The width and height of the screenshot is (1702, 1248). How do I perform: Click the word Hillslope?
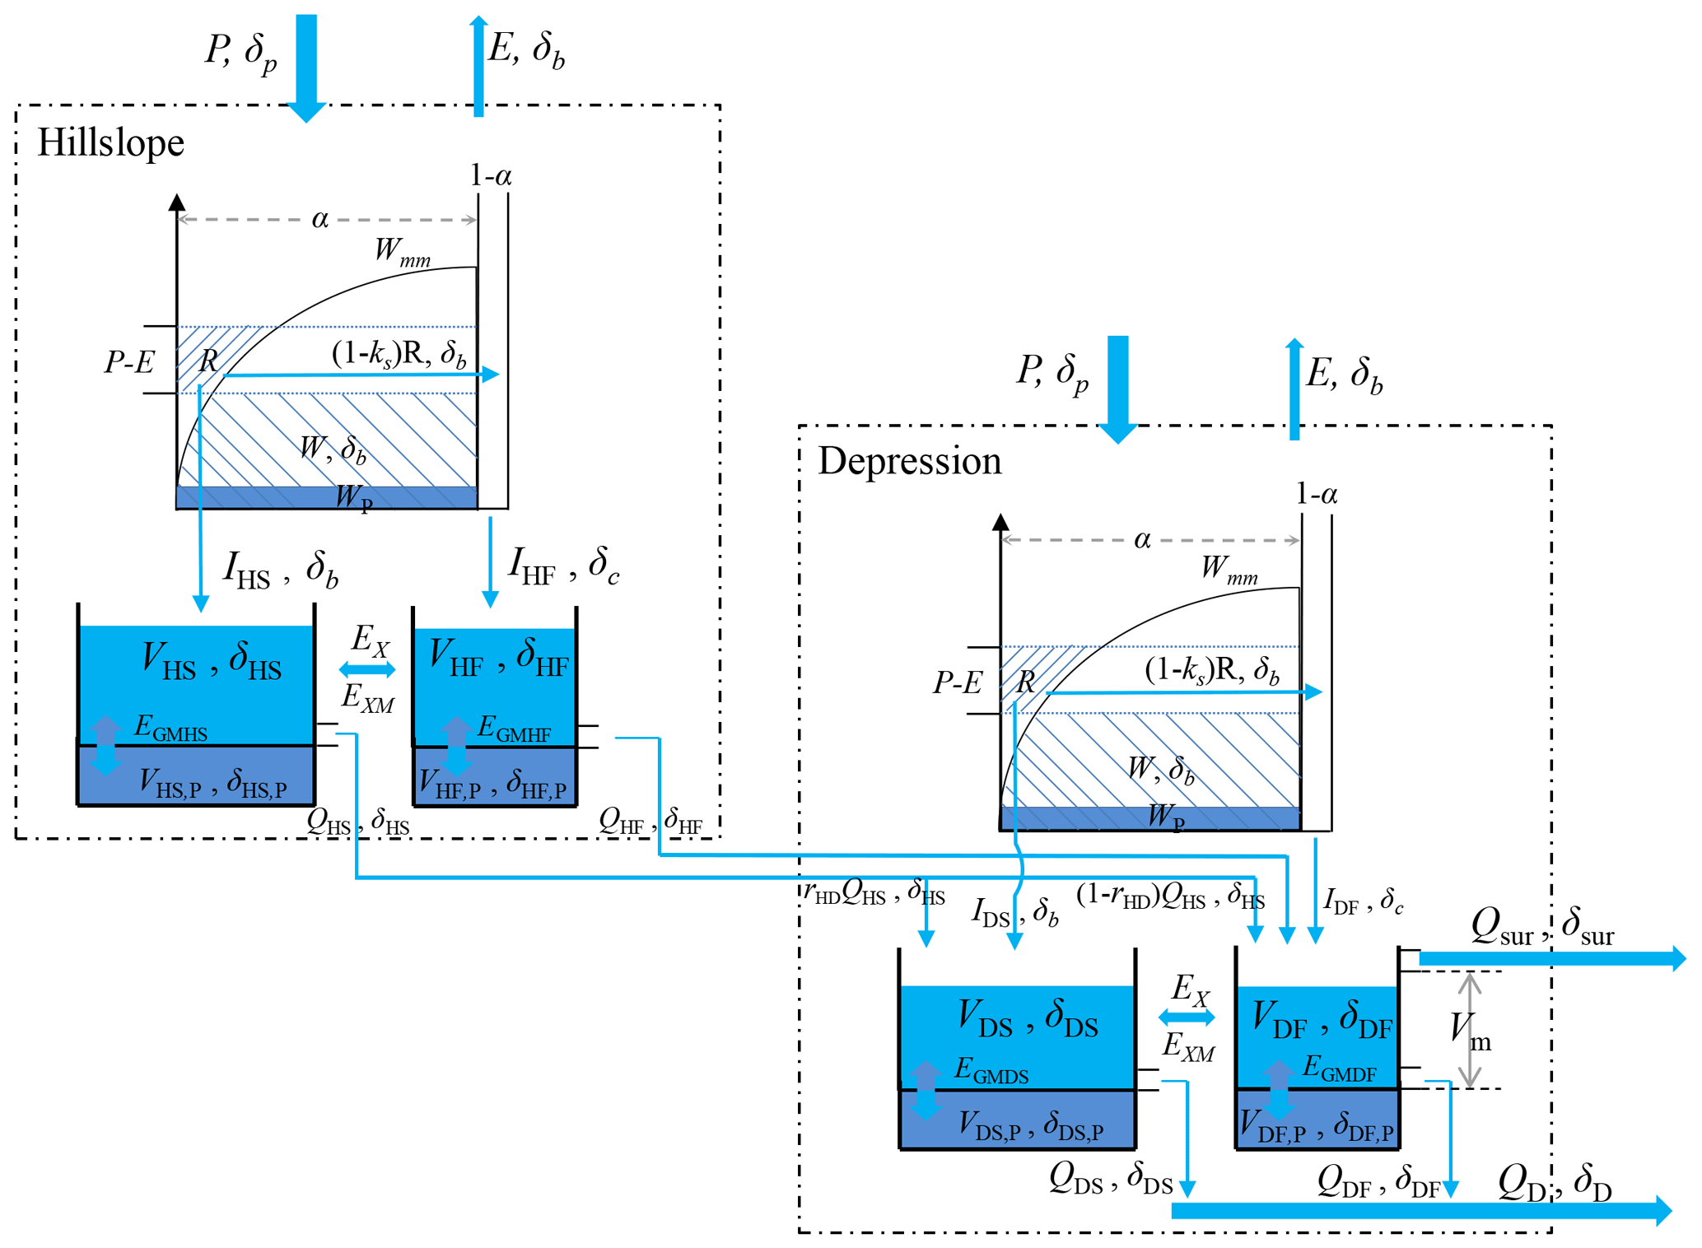click(110, 143)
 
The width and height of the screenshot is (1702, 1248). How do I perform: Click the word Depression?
click(909, 461)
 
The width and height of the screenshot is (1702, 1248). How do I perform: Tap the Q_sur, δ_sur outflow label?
click(1542, 926)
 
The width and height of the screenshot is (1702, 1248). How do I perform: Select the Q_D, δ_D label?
click(1554, 1183)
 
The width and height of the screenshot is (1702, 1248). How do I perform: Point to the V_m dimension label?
click(1470, 1031)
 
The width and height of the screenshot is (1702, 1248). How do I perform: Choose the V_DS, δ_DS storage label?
click(1027, 1018)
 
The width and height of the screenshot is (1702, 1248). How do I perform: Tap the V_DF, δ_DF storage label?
click(1321, 1019)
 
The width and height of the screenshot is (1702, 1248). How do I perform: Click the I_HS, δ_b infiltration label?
click(280, 570)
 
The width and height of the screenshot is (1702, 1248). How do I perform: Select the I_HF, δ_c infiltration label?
click(563, 566)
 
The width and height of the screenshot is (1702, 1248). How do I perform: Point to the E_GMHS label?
click(170, 728)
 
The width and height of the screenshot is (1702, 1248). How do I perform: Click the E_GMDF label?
click(1339, 1069)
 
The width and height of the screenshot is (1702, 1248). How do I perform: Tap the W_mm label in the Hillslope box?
click(402, 251)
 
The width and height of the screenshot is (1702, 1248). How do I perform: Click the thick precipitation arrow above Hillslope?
click(306, 66)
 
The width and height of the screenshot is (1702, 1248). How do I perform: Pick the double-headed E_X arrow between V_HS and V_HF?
click(367, 669)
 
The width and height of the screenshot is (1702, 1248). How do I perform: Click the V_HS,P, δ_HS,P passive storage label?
click(212, 783)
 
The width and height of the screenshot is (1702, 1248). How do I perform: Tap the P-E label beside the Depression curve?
click(957, 682)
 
